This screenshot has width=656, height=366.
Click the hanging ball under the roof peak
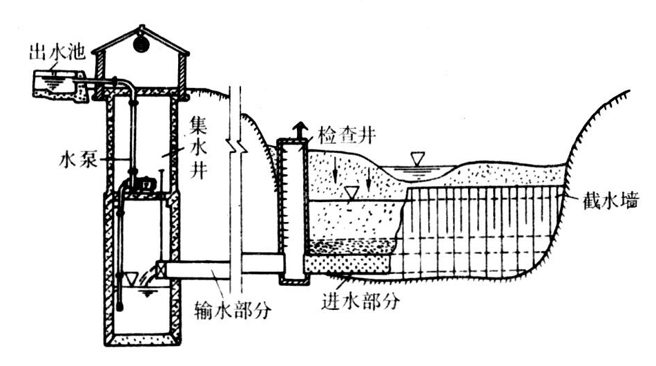tap(140, 39)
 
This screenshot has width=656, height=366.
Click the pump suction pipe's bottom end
tap(122, 304)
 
